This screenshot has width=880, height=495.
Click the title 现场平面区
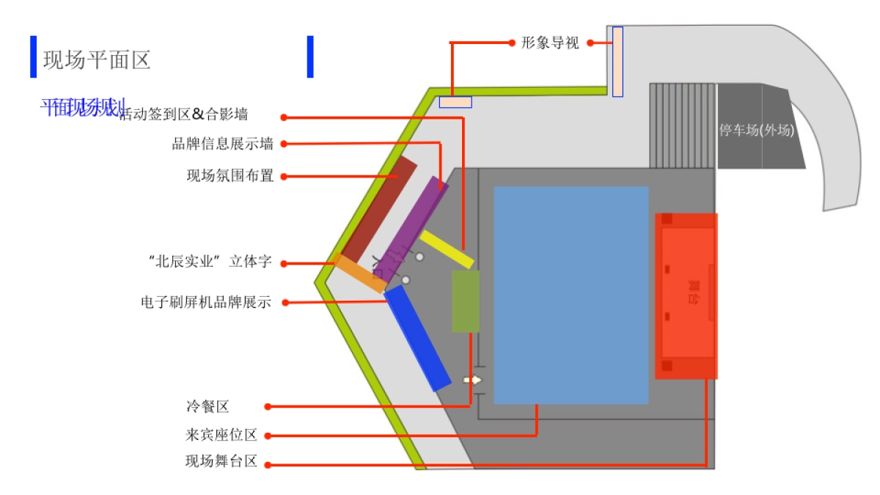pos(97,59)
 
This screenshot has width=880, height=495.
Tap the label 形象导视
pos(550,43)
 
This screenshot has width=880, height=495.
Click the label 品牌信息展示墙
pos(222,144)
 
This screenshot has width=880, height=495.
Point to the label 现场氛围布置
pos(230,176)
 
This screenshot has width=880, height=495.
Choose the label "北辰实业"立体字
pos(210,262)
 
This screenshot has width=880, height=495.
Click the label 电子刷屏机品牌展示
pos(205,301)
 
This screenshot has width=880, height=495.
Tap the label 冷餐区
pos(208,406)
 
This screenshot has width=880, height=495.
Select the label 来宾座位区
pos(221,436)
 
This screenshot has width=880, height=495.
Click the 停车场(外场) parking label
pos(757,131)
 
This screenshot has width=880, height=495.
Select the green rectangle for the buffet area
pos(466,301)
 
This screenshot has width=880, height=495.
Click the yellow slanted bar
pos(447,249)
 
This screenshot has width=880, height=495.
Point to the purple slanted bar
pos(411,224)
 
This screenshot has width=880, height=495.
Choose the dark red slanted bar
pos(379,210)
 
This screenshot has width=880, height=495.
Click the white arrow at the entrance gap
pos(473,380)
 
